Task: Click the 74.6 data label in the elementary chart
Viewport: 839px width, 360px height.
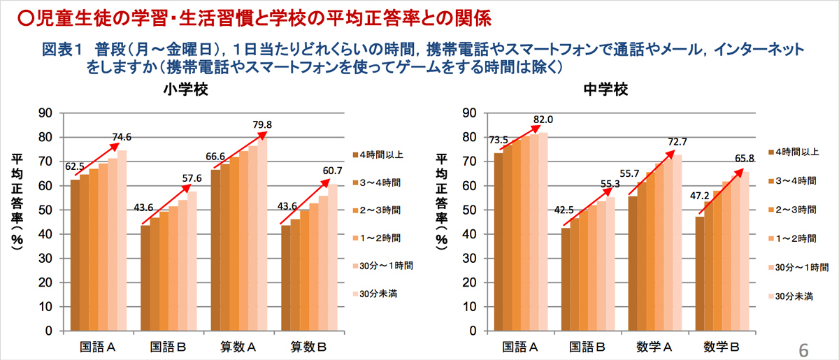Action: [122, 137]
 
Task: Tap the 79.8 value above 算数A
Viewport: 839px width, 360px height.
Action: [261, 125]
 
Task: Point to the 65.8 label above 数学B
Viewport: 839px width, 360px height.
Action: [743, 159]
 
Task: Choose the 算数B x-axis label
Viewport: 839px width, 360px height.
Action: [310, 347]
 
